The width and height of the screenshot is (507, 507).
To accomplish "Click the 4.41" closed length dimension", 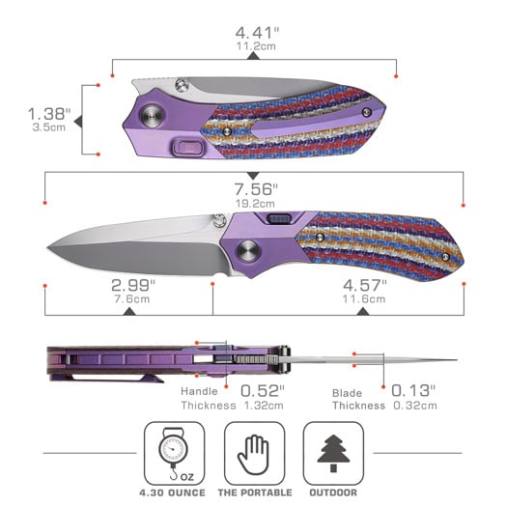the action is [x=257, y=33].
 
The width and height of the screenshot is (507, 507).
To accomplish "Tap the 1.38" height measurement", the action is [x=49, y=114].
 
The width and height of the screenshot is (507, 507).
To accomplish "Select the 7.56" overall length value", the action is [x=256, y=189].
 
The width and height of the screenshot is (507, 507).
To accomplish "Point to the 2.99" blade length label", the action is [x=133, y=285].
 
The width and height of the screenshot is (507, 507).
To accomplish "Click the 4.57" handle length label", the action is [x=364, y=285].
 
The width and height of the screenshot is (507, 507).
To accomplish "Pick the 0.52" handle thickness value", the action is [x=263, y=390].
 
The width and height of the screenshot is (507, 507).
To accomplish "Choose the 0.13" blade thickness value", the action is [x=413, y=390].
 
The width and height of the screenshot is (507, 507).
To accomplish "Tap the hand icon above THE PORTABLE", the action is [x=254, y=455].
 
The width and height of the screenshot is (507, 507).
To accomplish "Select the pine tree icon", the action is [x=333, y=453].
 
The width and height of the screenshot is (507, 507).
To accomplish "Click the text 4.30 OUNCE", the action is [x=172, y=493].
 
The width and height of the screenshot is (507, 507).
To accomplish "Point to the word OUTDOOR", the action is [x=333, y=493].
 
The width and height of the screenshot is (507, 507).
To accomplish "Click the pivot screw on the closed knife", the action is [x=151, y=116].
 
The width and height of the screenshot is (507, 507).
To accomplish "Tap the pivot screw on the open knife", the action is [x=248, y=251].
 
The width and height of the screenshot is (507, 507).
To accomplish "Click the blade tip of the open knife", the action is [x=48, y=247].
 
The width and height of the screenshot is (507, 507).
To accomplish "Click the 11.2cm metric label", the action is [x=256, y=46].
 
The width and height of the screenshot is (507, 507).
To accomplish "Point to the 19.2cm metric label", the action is [x=256, y=204].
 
